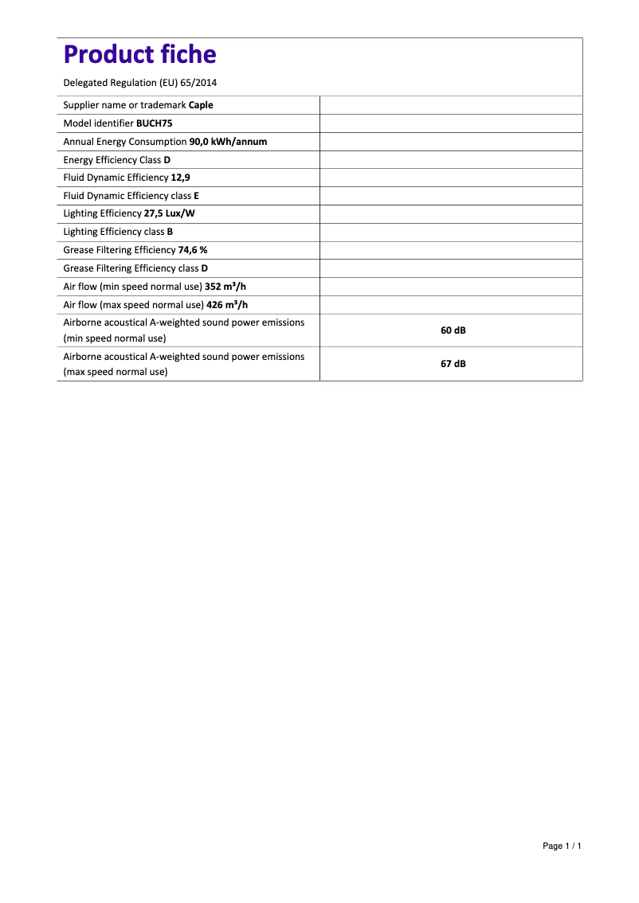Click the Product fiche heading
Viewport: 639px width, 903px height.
[139, 54]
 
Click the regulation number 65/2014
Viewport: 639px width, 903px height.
[198, 83]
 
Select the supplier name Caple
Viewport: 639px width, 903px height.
[201, 105]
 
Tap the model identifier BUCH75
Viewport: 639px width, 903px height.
[155, 123]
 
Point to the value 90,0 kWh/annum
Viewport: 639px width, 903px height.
[228, 142]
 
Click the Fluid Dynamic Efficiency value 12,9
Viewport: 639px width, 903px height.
[180, 178]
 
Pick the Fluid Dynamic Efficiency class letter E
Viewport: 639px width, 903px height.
[196, 196]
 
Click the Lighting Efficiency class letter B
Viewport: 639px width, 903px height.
[170, 233]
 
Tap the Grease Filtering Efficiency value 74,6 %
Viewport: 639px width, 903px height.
[193, 250]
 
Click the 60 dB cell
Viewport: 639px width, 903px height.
[453, 330]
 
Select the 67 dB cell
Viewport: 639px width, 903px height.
[453, 364]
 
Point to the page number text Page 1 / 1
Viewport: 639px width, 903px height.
[562, 846]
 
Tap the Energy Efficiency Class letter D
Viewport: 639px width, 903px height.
[167, 160]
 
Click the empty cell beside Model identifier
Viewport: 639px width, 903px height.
[450, 123]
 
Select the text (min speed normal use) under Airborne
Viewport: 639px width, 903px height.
[115, 338]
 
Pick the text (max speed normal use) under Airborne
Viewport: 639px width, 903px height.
[116, 372]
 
